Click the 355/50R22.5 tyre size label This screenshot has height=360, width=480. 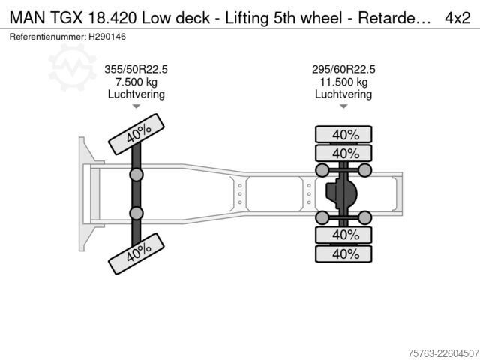[136, 69]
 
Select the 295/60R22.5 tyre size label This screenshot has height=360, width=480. [343, 69]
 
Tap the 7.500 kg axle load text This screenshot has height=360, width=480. [136, 82]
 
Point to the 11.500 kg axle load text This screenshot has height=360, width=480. [343, 82]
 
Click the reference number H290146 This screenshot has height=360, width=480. [107, 37]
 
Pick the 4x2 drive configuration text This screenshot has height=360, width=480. [457, 18]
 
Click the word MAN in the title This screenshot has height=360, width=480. [27, 18]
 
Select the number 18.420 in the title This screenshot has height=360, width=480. [112, 18]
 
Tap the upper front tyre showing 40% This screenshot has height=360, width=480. [136, 134]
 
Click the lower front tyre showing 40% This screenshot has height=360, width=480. [136, 253]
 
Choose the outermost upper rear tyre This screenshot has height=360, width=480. [343, 134]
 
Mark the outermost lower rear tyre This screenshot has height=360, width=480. [343, 253]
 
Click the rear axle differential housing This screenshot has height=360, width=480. [340, 193]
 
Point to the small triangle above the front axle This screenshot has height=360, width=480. [136, 106]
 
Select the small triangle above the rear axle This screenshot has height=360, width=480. [343, 106]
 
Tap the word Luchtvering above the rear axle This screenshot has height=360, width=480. [343, 94]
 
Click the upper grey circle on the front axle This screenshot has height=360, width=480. [136, 175]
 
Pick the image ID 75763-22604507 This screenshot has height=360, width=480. [443, 353]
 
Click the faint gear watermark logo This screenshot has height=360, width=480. [72, 67]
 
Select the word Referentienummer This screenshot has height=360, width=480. [48, 37]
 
